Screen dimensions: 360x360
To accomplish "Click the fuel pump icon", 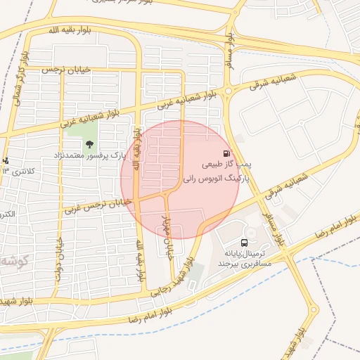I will tap(226, 154).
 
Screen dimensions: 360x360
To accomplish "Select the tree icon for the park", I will tap(89, 143).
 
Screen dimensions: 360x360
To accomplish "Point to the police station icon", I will tap(6, 161).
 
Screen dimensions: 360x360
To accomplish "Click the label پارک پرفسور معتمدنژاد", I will tap(90, 154).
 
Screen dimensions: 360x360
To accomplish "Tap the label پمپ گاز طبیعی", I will tap(227, 165).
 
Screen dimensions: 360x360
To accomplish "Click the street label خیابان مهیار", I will tap(169, 237).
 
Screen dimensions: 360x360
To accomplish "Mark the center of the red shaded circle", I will tap(180, 179).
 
